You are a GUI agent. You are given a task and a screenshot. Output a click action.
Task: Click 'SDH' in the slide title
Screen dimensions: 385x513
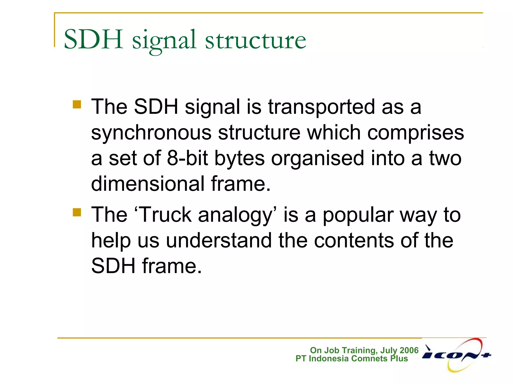coord(93,40)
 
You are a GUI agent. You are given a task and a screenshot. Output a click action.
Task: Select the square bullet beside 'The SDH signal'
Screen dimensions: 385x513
coord(77,105)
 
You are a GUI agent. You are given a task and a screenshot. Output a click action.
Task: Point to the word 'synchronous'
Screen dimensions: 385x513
coord(151,133)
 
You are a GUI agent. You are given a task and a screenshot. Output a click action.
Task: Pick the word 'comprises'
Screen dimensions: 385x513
coord(415,133)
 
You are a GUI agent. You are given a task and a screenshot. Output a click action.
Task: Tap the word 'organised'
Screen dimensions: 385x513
coord(317,159)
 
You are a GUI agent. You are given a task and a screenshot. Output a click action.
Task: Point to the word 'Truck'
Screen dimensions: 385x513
coord(165,215)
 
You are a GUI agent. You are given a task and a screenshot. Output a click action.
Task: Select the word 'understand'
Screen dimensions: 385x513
coord(219,241)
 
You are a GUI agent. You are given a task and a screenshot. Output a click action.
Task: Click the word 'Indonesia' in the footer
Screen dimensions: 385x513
coord(329,358)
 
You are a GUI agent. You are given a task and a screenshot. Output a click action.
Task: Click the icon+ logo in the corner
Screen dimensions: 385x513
coord(456,355)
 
